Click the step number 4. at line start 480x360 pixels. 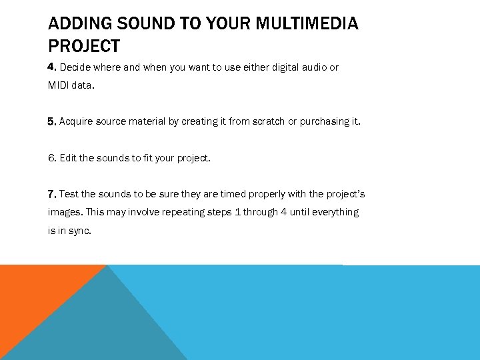tap(53, 67)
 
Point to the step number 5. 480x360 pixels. tap(53, 121)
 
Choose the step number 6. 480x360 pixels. tap(53, 158)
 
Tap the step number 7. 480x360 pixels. tap(53, 194)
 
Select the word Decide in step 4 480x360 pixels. tap(75, 67)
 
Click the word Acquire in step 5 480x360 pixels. tap(77, 121)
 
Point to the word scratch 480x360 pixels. tap(269, 121)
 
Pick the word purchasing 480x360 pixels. tap(324, 121)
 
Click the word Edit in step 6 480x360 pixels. tap(67, 158)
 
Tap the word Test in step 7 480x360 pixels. tap(69, 194)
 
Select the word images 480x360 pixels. tap(63, 212)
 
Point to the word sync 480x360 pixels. tap(81, 230)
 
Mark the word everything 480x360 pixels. tap(335, 212)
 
